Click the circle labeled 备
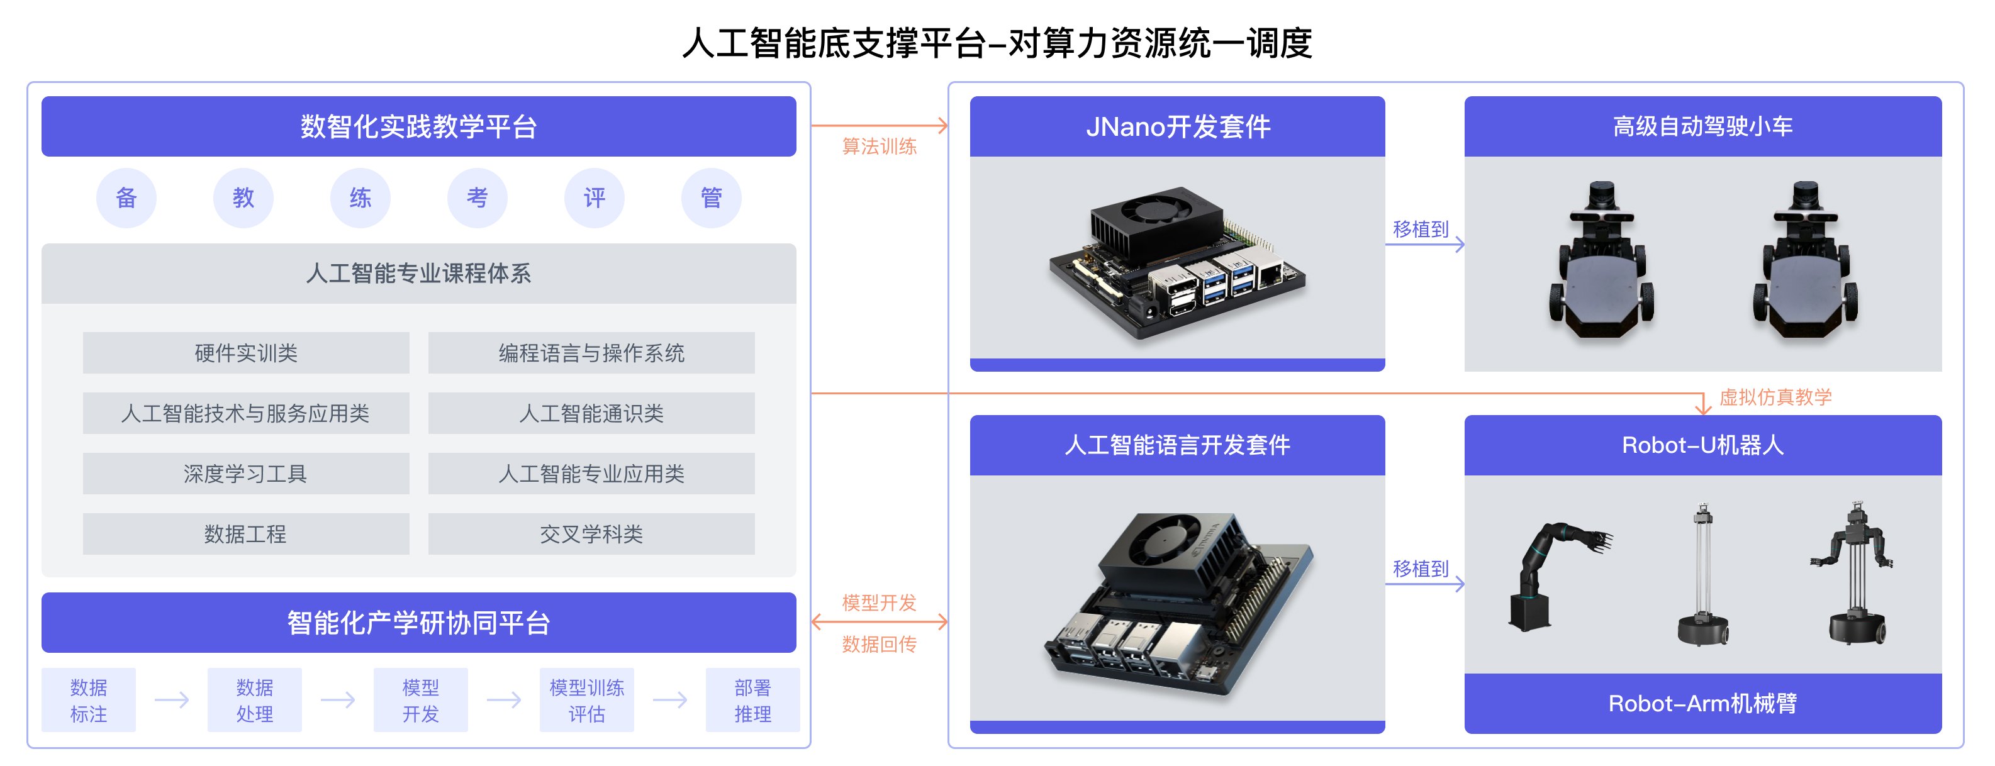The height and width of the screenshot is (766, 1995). pyautogui.click(x=126, y=197)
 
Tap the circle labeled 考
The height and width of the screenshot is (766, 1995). pyautogui.click(x=477, y=197)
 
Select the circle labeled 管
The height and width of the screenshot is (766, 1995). pyautogui.click(x=711, y=197)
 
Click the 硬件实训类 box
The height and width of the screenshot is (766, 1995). pyautogui.click(x=245, y=353)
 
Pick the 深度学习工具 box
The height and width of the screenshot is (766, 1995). pyautogui.click(x=245, y=473)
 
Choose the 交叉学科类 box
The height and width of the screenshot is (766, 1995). pyautogui.click(x=591, y=534)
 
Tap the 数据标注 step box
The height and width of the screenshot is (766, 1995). pyautogui.click(x=88, y=700)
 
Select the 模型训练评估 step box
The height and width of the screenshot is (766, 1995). pyautogui.click(x=586, y=700)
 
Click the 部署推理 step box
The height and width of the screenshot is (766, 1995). pyautogui.click(x=752, y=700)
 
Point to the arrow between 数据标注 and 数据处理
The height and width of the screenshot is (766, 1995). pyautogui.click(x=172, y=700)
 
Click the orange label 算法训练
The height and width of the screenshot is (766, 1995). pyautogui.click(x=879, y=147)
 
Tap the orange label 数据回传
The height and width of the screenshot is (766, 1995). pyautogui.click(x=879, y=643)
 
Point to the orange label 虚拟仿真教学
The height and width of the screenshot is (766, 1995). pyautogui.click(x=1775, y=397)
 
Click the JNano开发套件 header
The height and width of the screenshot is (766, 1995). pyautogui.click(x=1177, y=126)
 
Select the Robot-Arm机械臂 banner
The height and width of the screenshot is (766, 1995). pyautogui.click(x=1702, y=703)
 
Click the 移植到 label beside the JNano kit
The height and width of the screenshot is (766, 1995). pyautogui.click(x=1421, y=230)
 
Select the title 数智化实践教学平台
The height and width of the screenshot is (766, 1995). pyautogui.click(x=418, y=126)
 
